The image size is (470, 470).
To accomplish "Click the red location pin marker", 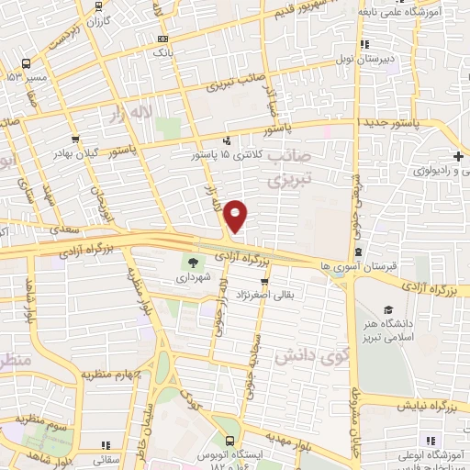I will (236, 215).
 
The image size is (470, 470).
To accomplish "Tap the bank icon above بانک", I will (162, 39).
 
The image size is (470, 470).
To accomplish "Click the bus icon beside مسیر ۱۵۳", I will (26, 64).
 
